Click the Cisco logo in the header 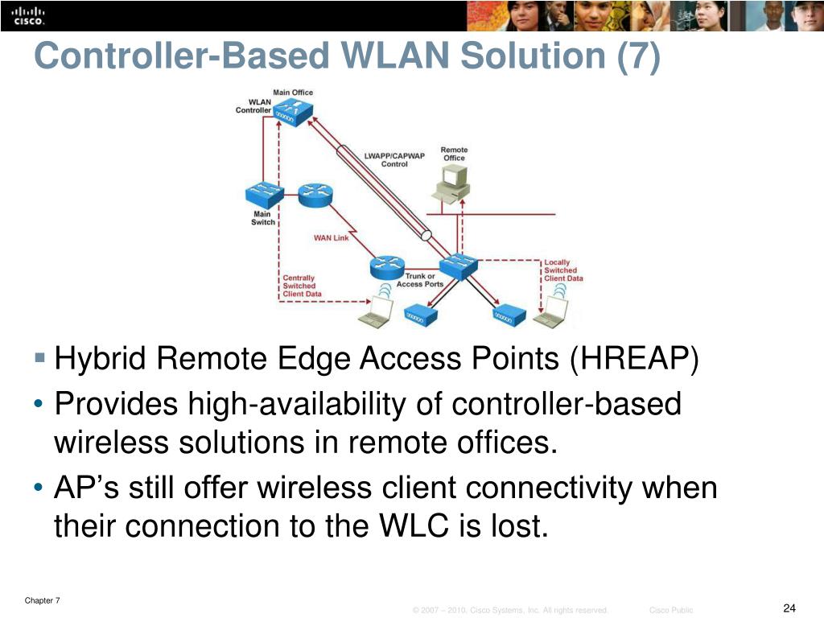pyautogui.click(x=28, y=15)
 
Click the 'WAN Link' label pyautogui.click(x=331, y=238)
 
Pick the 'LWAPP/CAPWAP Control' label pyautogui.click(x=394, y=159)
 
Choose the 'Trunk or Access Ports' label pyautogui.click(x=419, y=280)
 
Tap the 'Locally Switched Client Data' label pyautogui.click(x=562, y=270)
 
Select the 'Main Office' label pyautogui.click(x=293, y=93)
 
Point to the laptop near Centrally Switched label pyautogui.click(x=374, y=311)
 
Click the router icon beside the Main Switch pyautogui.click(x=314, y=194)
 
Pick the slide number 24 pyautogui.click(x=789, y=607)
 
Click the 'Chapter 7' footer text pyautogui.click(x=43, y=600)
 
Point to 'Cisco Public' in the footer pyautogui.click(x=670, y=611)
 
